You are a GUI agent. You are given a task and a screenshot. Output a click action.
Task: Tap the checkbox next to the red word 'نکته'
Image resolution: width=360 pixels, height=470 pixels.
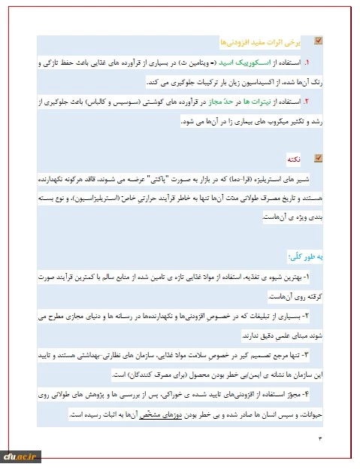[x=318, y=158]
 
